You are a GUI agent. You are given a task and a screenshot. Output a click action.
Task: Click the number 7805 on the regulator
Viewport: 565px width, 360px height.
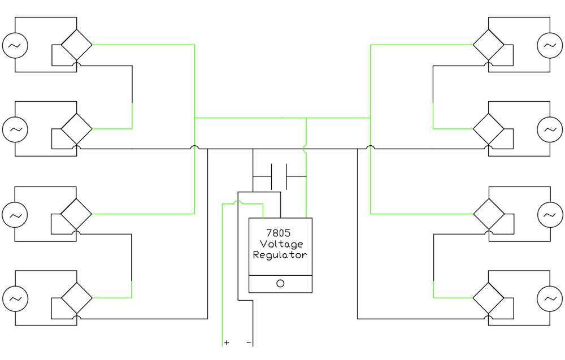pyautogui.click(x=278, y=233)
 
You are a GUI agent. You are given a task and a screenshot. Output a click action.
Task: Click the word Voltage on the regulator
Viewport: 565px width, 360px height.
pyautogui.click(x=281, y=244)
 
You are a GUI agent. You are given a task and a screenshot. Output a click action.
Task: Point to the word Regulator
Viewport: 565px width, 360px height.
pyautogui.click(x=280, y=255)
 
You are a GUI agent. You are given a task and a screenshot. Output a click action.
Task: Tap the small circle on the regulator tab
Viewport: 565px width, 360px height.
pyautogui.click(x=280, y=284)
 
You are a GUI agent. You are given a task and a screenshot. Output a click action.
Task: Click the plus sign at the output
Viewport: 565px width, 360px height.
pyautogui.click(x=227, y=342)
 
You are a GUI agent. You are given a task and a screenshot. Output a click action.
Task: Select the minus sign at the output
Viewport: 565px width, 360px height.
pyautogui.click(x=249, y=342)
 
